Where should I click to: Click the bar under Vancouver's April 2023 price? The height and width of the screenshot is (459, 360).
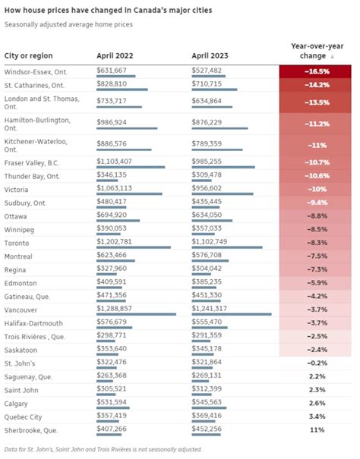click(232, 314)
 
